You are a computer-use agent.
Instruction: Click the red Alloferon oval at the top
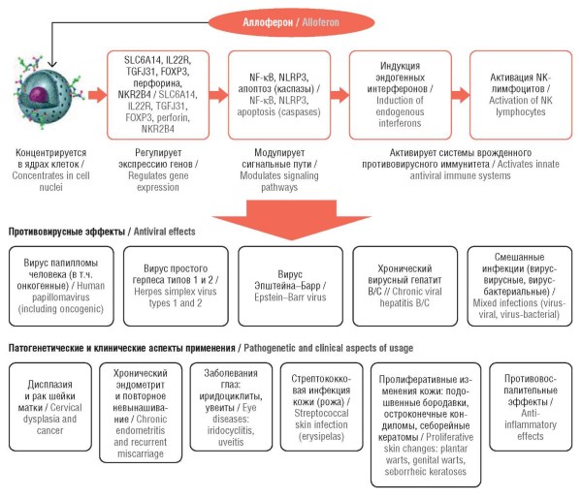[291, 22]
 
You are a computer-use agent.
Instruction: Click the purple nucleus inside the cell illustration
[40, 93]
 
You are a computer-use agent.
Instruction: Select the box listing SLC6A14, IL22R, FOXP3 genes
[158, 95]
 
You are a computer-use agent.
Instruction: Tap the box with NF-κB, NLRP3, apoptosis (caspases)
[279, 95]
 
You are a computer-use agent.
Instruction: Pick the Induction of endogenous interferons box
[400, 95]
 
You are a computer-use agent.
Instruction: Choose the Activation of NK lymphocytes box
[521, 95]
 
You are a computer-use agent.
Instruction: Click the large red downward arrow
[291, 220]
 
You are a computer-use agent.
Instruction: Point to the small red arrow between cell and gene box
[97, 95]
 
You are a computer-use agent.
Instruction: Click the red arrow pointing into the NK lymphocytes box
[460, 95]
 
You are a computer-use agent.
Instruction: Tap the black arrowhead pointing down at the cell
[52, 64]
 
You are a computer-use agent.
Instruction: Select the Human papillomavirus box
[61, 286]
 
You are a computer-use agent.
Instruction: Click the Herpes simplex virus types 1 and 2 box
[176, 286]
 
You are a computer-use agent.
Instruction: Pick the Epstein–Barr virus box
[290, 286]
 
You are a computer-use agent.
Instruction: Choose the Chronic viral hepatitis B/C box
[404, 286]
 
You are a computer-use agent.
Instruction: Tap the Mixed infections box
[520, 286]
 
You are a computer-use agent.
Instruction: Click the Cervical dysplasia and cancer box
[50, 407]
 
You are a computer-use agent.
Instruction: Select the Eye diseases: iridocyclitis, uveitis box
[231, 407]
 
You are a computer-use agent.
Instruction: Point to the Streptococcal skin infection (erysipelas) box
[321, 407]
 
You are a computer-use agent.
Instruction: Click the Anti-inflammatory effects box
[531, 407]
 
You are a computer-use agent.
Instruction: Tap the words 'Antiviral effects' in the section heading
[165, 232]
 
